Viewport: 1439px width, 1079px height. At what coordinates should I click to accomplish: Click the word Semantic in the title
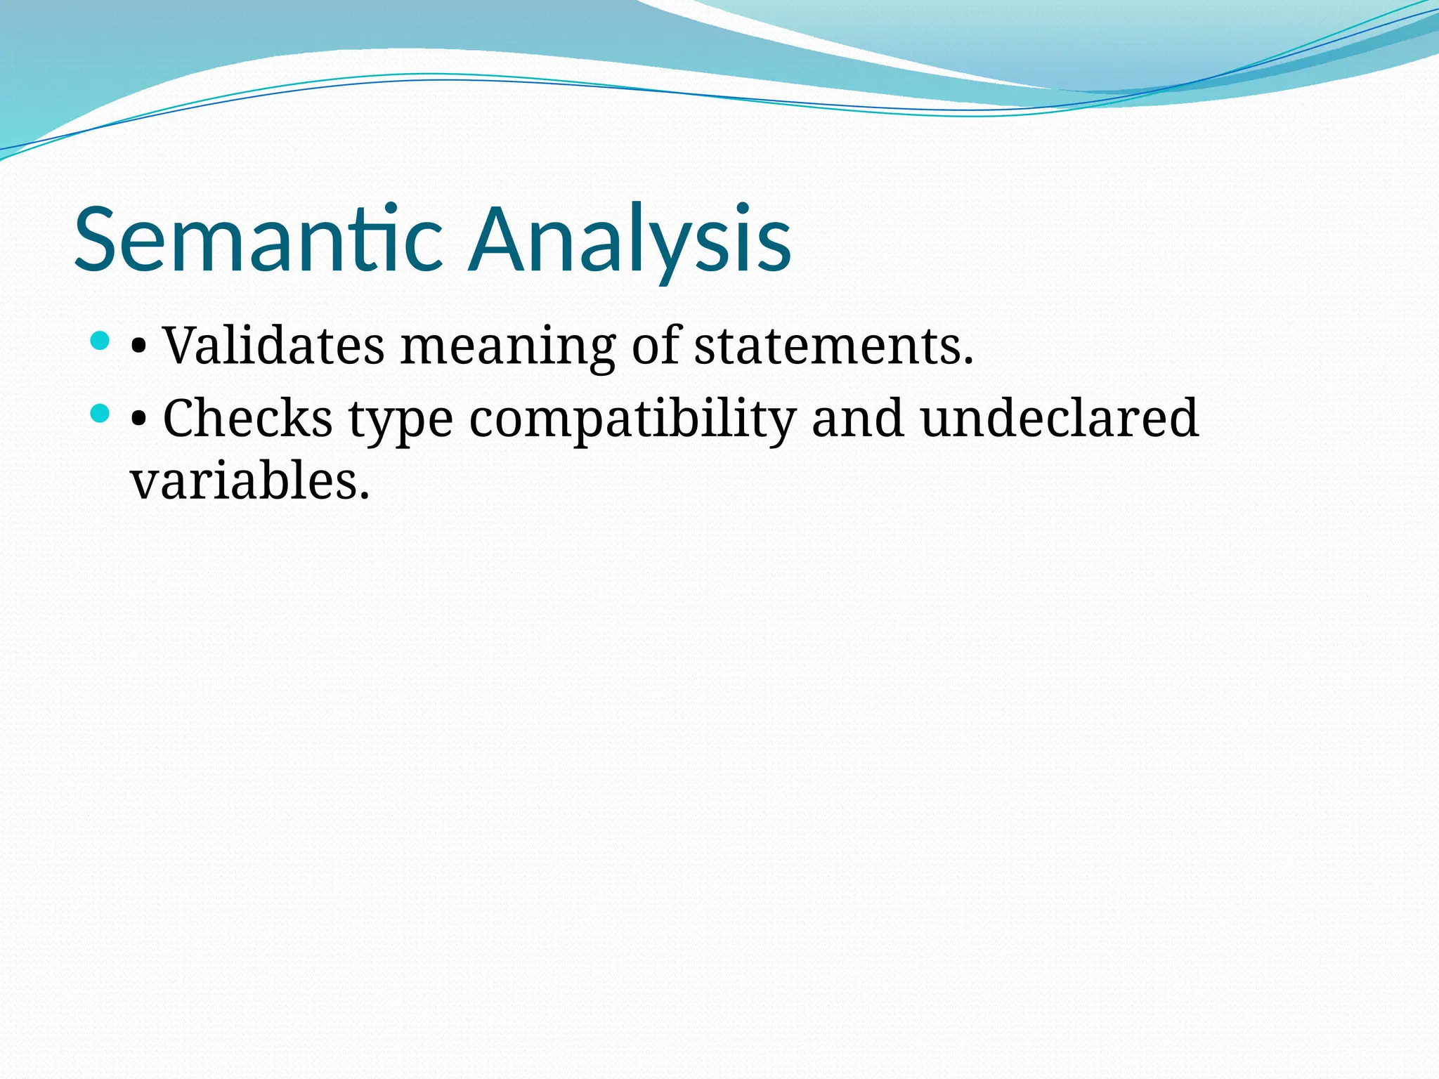tap(259, 239)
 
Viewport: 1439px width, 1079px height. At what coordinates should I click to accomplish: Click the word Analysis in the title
tap(630, 239)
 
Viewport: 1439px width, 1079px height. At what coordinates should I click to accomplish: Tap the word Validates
tap(273, 346)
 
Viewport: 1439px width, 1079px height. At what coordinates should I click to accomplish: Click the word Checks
tap(247, 419)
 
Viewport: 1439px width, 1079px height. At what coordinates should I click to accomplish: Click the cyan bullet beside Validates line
tap(100, 341)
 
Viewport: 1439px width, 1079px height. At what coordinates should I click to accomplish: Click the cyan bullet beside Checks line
tap(100, 414)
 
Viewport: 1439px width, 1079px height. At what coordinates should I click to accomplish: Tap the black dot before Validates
tap(138, 347)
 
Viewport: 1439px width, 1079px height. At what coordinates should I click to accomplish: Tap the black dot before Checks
tap(138, 420)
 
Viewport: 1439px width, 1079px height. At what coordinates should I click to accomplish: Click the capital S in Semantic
tap(96, 239)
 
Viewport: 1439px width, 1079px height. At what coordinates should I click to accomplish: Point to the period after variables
tap(364, 497)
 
